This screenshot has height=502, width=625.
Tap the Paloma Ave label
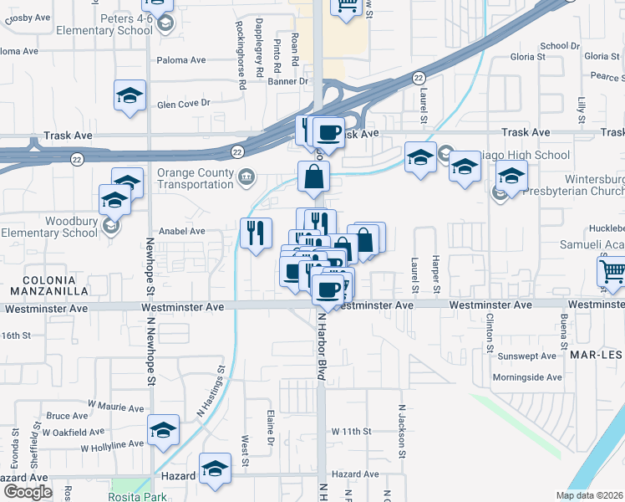point(181,60)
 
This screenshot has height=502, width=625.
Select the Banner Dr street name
point(288,82)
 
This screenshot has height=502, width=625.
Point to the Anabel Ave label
point(181,231)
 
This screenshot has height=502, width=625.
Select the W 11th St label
point(350,430)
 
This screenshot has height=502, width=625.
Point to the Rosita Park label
point(137,496)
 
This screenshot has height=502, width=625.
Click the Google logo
point(27,492)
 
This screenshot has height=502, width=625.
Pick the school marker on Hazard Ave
point(216,469)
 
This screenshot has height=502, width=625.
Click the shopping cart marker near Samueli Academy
point(612,272)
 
